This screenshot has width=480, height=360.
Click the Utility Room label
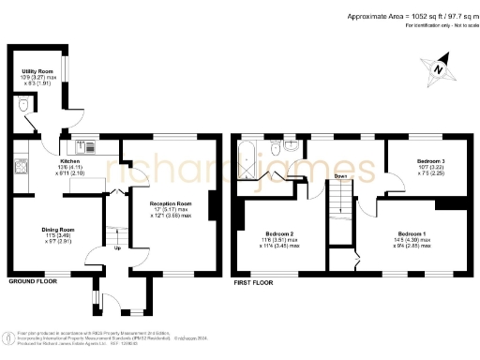coord(38,71)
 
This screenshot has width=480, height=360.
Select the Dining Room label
coord(57,229)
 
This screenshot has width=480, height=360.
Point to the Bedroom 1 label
coord(412,232)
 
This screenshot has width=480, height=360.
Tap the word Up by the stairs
coord(117,248)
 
